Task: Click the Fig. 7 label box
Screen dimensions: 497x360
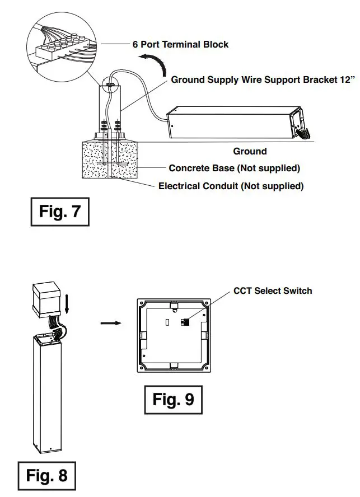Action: coord(59,212)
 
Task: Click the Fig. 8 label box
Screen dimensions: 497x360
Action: coord(46,475)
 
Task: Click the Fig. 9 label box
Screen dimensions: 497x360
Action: coord(174,400)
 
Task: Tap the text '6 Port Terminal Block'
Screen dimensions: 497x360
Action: coord(180,44)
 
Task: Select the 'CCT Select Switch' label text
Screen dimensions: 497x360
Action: coord(273,290)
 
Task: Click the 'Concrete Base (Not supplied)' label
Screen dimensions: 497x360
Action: coord(234,168)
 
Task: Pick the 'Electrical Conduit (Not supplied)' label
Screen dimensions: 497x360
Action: coord(231,186)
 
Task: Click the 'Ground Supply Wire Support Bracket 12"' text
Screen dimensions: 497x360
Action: coord(263,80)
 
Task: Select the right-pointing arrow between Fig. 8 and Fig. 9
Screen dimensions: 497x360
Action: coord(110,323)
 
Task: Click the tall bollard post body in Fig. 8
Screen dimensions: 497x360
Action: coord(49,392)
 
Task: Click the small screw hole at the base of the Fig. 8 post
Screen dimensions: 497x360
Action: coord(50,449)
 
